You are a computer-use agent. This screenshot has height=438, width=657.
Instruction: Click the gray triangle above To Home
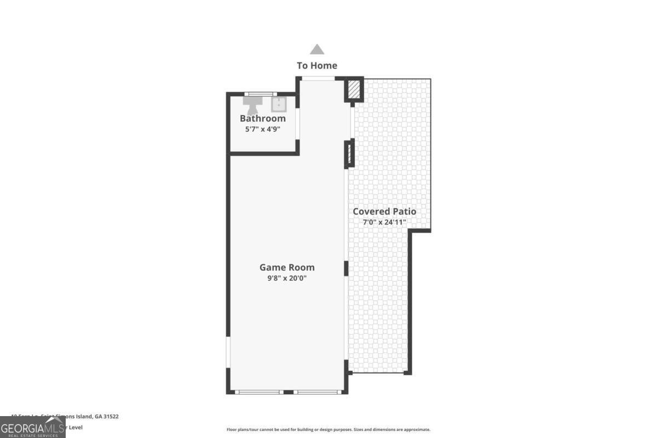tap(317, 50)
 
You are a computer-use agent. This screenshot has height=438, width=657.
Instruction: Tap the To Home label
tap(317, 66)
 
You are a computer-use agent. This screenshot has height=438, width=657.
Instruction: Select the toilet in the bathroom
tap(253, 104)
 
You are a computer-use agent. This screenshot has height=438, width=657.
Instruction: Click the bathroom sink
tap(279, 104)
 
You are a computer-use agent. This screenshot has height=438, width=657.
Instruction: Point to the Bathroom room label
tap(263, 119)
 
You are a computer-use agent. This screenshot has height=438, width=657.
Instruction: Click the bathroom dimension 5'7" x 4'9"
tap(263, 130)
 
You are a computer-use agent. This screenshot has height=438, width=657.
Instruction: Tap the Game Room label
tap(287, 268)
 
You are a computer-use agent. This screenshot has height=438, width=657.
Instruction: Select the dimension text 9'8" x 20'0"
tap(287, 278)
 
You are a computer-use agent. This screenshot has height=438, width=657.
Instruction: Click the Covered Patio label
tap(384, 211)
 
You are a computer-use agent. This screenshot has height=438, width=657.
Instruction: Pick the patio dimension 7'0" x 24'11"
tap(384, 222)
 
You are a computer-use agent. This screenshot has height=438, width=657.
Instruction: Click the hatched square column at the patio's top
tap(354, 90)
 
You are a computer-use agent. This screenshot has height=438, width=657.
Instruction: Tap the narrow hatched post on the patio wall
tap(348, 154)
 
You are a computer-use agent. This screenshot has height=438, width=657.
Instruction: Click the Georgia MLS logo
tap(33, 427)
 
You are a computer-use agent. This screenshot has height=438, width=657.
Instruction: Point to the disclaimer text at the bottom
tap(328, 430)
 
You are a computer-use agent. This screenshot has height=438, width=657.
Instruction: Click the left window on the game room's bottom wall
tap(257, 392)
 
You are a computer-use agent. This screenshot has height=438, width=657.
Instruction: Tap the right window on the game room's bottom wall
tap(318, 392)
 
